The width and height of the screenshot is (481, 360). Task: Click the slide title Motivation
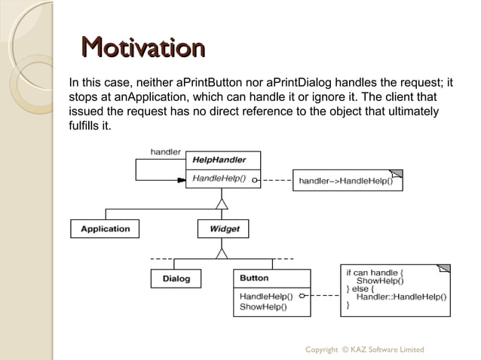(142, 48)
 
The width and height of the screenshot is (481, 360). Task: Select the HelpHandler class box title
(219, 160)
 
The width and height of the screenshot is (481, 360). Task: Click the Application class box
(105, 228)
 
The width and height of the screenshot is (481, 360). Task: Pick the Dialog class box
(176, 279)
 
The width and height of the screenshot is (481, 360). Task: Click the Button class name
(254, 278)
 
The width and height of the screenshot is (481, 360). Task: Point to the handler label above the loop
(165, 151)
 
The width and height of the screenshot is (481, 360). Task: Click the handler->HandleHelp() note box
(347, 181)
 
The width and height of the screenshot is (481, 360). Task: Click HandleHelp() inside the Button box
(265, 295)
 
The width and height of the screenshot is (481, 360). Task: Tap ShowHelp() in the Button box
(262, 307)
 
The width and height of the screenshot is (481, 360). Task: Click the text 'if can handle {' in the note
(375, 272)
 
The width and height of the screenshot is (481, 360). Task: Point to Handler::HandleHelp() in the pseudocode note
(401, 297)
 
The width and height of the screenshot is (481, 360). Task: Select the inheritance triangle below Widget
(222, 252)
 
